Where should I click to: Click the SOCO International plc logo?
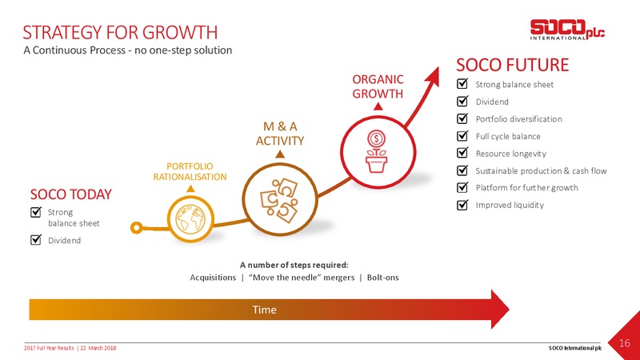pyautogui.click(x=567, y=30)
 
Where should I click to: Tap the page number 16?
pyautogui.click(x=625, y=343)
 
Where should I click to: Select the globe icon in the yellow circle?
pyautogui.click(x=190, y=218)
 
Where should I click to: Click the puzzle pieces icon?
pyautogui.click(x=279, y=201)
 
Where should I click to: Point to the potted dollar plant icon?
pyautogui.click(x=376, y=151)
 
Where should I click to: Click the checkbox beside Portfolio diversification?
pyautogui.click(x=462, y=118)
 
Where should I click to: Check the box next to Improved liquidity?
pyautogui.click(x=462, y=205)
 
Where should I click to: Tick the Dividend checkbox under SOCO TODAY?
pyautogui.click(x=36, y=239)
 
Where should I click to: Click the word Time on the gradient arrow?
pyautogui.click(x=264, y=310)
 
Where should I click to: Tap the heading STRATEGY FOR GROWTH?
pyautogui.click(x=120, y=33)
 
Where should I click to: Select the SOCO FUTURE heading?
pyautogui.click(x=512, y=65)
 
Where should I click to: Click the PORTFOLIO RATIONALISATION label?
pyautogui.click(x=190, y=171)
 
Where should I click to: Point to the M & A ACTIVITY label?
pyautogui.click(x=280, y=134)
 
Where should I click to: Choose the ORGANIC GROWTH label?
pyautogui.click(x=378, y=86)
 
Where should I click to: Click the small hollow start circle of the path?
pyautogui.click(x=136, y=228)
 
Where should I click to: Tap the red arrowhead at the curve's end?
pyautogui.click(x=433, y=76)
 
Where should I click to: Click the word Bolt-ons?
pyautogui.click(x=383, y=278)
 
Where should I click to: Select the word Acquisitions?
pyautogui.click(x=213, y=278)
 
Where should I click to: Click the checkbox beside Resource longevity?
pyautogui.click(x=462, y=153)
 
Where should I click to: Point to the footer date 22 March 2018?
pyautogui.click(x=98, y=348)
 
